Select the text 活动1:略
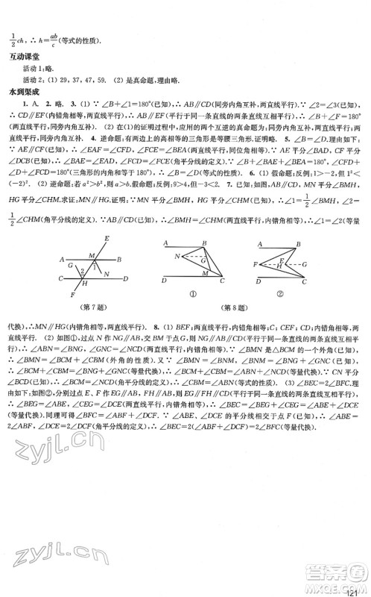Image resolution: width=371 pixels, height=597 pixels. (x=42, y=68)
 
